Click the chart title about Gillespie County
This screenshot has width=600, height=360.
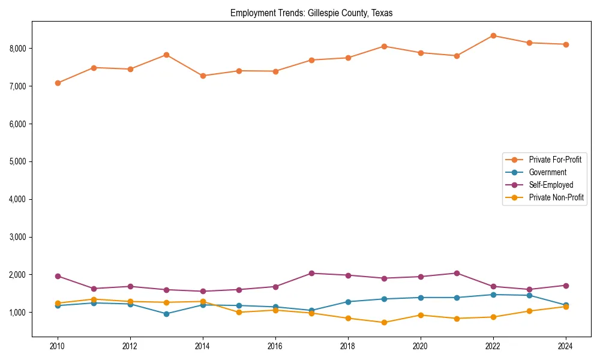[311, 13]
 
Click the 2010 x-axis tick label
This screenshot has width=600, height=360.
[58, 346]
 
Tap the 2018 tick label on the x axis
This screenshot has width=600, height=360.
[348, 346]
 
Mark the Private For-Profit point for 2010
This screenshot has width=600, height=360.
[58, 83]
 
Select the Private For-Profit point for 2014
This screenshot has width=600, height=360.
[203, 76]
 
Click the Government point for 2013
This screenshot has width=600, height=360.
[166, 314]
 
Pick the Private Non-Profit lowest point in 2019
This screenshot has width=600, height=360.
[384, 322]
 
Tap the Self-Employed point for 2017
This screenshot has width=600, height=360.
[311, 273]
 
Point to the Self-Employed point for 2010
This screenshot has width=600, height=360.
[58, 276]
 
